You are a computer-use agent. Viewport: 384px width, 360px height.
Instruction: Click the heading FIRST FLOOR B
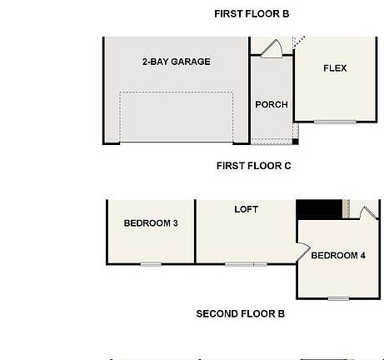point(251,13)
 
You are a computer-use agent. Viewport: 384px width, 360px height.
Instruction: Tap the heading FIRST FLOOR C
point(253,166)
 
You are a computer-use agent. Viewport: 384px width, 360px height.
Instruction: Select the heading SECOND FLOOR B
point(240,314)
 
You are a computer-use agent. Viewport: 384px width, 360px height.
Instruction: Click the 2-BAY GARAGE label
point(176,62)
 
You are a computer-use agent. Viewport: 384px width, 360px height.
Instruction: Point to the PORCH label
point(271,104)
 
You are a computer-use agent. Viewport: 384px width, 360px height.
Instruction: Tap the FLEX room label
point(334,68)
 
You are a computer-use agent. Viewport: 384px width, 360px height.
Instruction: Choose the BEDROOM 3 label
point(151,223)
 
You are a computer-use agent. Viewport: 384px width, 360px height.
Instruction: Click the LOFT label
point(246,210)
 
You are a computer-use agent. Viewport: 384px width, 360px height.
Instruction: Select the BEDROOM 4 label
point(338,255)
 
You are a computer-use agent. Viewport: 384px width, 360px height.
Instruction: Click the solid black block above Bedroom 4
point(321,209)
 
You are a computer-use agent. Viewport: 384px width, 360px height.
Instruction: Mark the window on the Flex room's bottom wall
point(334,122)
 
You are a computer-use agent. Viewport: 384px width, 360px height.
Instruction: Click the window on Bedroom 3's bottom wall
point(151,264)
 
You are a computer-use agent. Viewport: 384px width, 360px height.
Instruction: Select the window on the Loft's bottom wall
point(246,264)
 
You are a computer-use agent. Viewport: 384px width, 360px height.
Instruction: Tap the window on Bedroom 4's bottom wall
point(338,298)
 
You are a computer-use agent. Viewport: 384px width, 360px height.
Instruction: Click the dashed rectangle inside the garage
point(176,116)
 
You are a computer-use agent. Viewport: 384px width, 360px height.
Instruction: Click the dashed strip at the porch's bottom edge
point(272,140)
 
